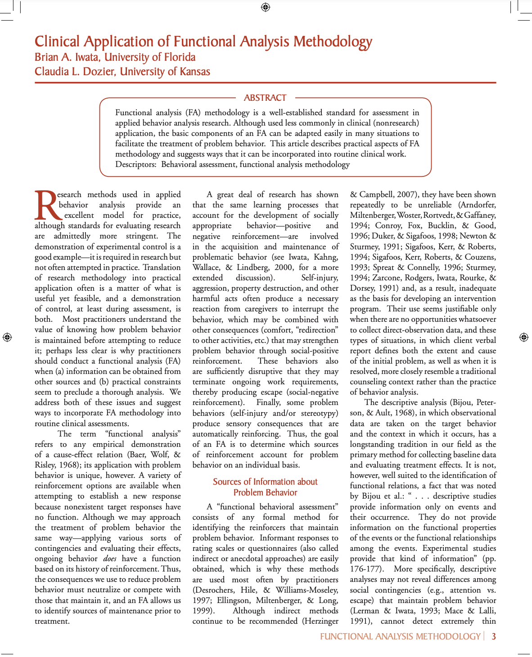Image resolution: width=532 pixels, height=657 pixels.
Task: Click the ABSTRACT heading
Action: coord(265,98)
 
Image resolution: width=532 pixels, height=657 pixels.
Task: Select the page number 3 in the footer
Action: coord(494,636)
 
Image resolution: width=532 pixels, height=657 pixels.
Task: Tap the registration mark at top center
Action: coord(266,7)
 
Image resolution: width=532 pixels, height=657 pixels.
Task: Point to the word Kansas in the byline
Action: coord(195,72)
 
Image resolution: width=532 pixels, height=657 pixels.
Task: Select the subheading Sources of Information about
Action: coord(265,482)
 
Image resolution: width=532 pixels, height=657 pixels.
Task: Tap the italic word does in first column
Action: coord(109,559)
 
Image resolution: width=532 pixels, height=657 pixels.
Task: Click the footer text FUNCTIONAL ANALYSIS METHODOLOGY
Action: coord(400,636)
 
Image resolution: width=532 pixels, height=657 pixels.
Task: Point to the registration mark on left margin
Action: coord(7,337)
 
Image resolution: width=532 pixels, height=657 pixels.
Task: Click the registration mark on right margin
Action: coord(523,337)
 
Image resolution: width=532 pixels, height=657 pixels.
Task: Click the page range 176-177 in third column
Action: coord(366,569)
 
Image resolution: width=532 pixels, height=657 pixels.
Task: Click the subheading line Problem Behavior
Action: coord(265,493)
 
